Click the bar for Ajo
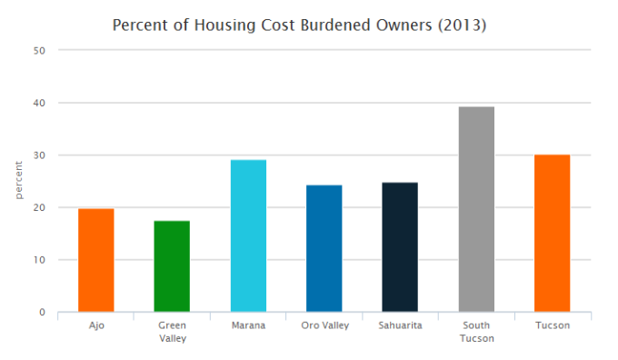(95, 261)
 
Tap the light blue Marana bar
(248, 236)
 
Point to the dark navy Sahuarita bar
(400, 247)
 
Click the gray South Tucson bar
(476, 210)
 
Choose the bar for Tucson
(552, 234)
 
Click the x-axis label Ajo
(95, 325)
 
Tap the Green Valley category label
(172, 331)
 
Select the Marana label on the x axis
(248, 325)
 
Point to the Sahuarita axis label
(400, 325)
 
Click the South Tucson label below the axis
(476, 331)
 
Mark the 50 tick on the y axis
(39, 51)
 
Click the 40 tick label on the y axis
(39, 103)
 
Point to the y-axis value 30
(39, 155)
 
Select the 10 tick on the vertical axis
(39, 260)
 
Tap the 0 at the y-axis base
(42, 313)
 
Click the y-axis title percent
(19, 182)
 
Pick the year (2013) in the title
(462, 25)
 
